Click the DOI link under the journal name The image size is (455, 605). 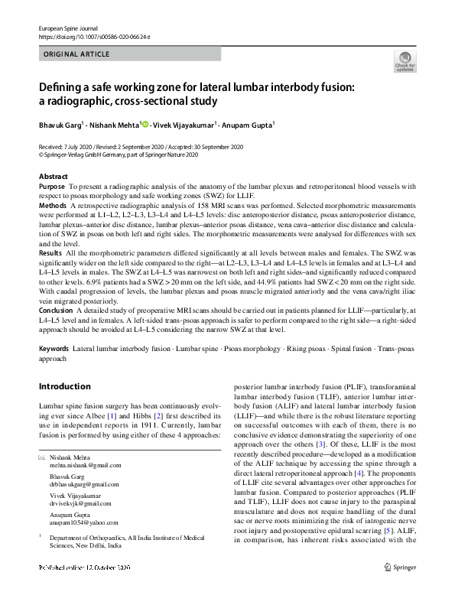[94, 36]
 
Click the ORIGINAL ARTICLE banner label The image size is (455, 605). [77, 54]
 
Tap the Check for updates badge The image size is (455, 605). [405, 61]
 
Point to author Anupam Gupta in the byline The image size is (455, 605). [250, 125]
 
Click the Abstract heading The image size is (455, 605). [53, 177]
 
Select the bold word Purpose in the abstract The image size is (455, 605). [52, 187]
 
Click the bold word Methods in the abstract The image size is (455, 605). [53, 207]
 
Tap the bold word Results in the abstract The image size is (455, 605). [50, 252]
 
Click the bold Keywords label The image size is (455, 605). [54, 349]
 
